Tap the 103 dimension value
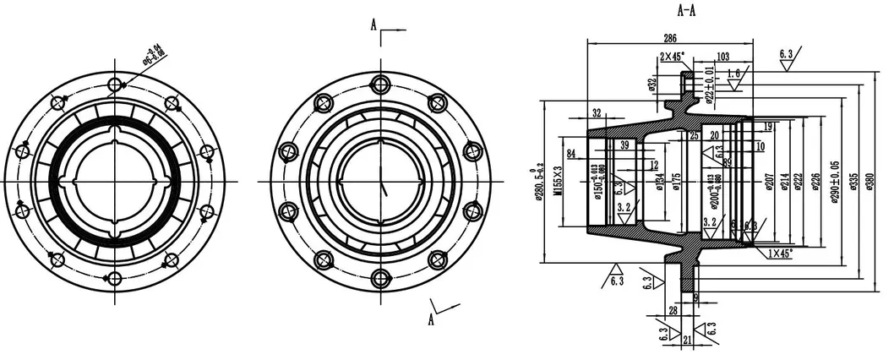coord(722,57)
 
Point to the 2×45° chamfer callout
coord(673,57)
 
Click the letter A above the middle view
coord(373,25)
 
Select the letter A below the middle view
coord(432,319)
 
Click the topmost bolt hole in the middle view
coord(379,83)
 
